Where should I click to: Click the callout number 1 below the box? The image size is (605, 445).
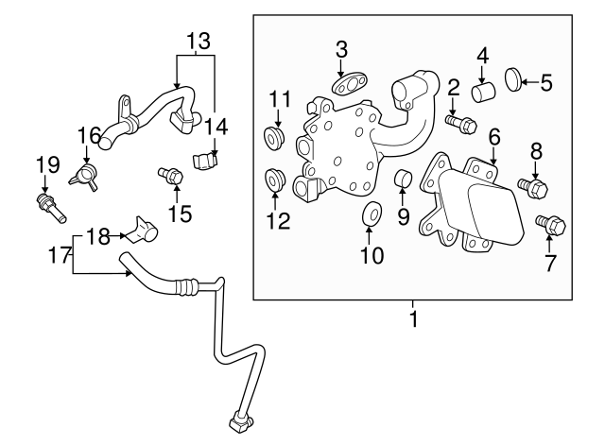(x=413, y=319)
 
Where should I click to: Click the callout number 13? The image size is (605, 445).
(x=198, y=41)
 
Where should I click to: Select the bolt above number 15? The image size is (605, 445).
(x=170, y=175)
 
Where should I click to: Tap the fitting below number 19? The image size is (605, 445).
(x=47, y=205)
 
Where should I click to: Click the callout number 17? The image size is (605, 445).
(x=60, y=253)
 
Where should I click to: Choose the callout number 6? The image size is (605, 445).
(x=493, y=137)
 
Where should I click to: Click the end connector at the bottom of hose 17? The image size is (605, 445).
(x=238, y=418)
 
